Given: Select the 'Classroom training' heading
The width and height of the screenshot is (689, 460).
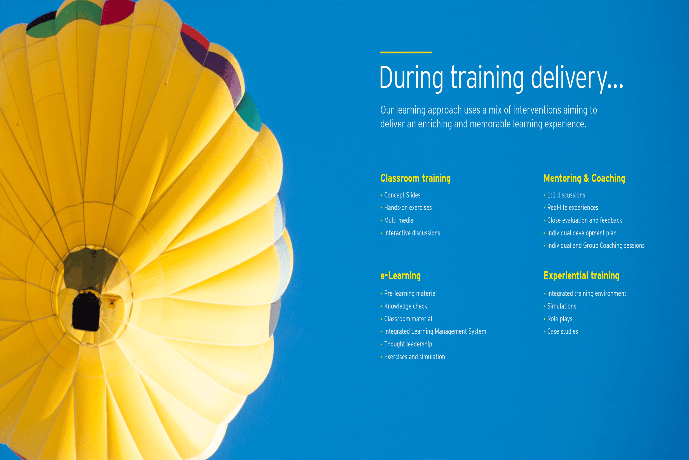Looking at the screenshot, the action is (x=415, y=178).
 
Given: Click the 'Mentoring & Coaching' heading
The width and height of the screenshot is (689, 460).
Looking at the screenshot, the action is (x=584, y=178).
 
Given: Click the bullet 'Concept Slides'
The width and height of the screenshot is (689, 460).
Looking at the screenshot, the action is (x=402, y=195).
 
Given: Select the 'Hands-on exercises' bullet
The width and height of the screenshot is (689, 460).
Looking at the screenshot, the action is (x=408, y=208).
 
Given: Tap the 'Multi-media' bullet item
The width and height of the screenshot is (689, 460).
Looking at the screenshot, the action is (x=399, y=220).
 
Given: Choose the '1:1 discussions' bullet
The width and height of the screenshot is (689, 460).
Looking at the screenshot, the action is (x=566, y=195).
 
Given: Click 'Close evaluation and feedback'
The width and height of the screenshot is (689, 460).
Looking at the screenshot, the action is (x=584, y=220).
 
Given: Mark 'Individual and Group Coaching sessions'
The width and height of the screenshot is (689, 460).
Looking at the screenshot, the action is (x=596, y=246).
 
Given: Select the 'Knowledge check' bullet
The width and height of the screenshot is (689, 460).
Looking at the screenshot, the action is (x=406, y=306).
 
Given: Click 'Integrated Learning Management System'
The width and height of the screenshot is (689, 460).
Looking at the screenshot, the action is (x=435, y=332).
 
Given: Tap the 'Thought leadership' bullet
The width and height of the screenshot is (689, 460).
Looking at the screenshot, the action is (x=408, y=344).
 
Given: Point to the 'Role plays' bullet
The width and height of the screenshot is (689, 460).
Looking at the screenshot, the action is (x=559, y=319).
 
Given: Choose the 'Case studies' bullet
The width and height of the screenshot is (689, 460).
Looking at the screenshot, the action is (x=563, y=332).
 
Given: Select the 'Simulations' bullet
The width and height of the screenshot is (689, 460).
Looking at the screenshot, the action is (x=562, y=306).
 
